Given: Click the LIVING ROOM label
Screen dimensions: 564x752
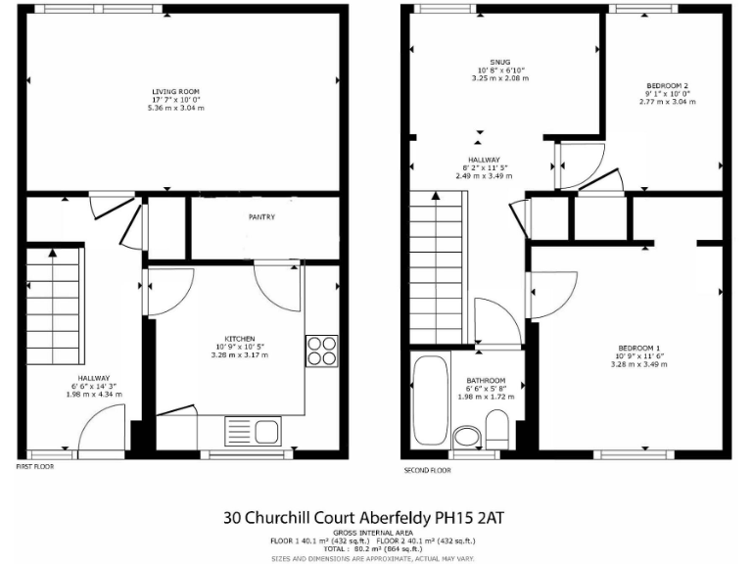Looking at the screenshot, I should (x=169, y=91).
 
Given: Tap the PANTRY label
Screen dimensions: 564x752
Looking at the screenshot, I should (x=261, y=217).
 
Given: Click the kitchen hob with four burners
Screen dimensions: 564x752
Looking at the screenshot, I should (x=320, y=351).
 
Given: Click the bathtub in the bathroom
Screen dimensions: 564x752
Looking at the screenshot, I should (x=430, y=401).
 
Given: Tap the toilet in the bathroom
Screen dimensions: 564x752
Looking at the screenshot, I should (x=496, y=429).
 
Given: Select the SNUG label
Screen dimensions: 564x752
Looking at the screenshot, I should (x=488, y=62).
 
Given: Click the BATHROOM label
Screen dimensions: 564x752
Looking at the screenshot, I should (x=486, y=381).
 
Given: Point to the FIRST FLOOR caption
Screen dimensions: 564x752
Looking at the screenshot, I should (x=34, y=468).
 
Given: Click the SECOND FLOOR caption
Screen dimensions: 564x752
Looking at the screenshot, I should (x=429, y=471).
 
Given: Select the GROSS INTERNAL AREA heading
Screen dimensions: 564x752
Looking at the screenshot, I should (x=375, y=534).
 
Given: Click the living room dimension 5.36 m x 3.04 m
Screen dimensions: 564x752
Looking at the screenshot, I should (x=169, y=107).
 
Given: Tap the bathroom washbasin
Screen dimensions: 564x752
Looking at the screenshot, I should (x=467, y=435).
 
